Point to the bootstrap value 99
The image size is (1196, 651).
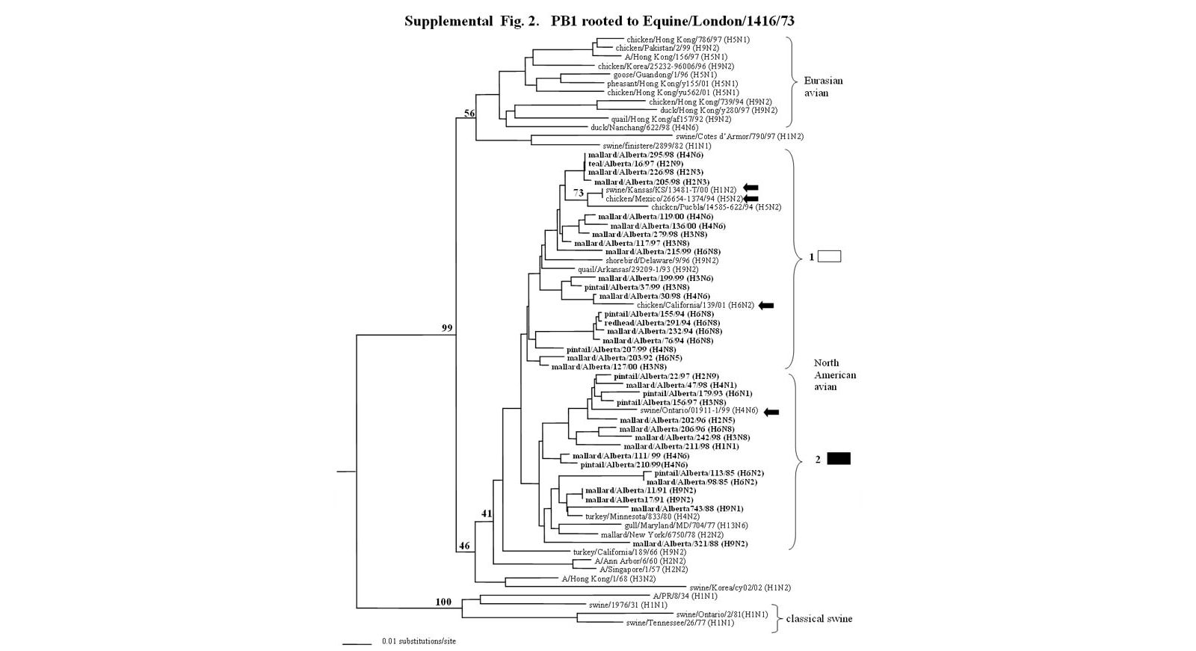click(447, 327)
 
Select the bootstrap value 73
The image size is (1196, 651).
click(578, 193)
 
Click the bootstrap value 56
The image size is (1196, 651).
click(469, 113)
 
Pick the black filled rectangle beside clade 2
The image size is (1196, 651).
click(839, 459)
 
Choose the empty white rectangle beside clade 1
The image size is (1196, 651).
click(830, 256)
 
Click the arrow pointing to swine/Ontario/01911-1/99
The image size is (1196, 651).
click(771, 412)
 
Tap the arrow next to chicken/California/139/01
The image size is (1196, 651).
click(766, 305)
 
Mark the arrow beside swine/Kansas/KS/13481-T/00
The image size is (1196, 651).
click(750, 188)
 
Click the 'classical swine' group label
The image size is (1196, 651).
click(819, 619)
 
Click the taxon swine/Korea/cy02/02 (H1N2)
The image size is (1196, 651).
click(739, 587)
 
